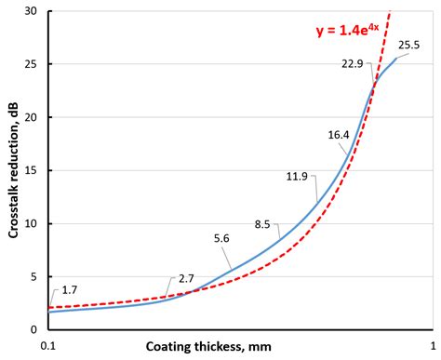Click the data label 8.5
click(262, 223)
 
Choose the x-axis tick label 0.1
click(50, 343)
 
